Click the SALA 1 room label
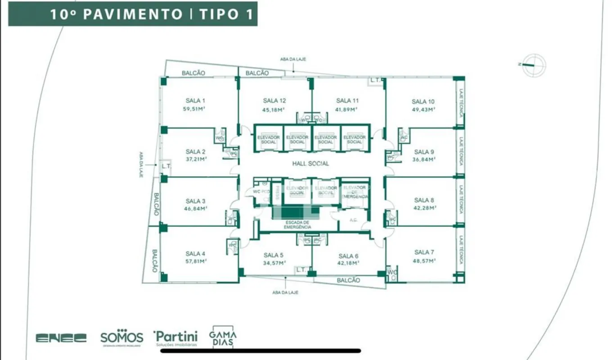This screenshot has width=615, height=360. coord(195,101)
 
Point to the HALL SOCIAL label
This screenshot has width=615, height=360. coord(310,163)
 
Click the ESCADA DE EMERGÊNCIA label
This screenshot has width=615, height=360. coord(297,225)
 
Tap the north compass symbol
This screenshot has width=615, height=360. coord(534,65)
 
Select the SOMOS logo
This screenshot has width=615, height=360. coord(121,338)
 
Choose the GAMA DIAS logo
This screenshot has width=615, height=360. coord(223,337)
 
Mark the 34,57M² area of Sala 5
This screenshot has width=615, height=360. coord(274,263)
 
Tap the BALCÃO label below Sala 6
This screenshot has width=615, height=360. coord(348,280)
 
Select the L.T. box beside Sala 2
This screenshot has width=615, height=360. coord(166,166)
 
